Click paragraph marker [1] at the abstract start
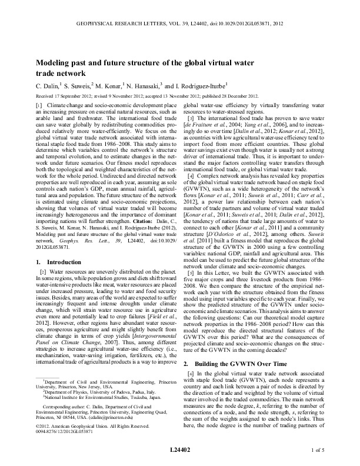41,104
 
